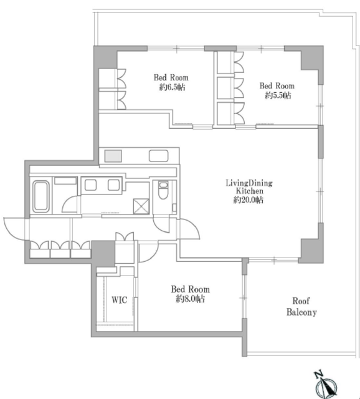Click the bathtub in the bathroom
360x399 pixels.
click(40, 196)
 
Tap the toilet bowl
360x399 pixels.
click(163, 190)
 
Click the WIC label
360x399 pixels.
click(119, 300)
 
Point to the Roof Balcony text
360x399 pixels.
click(301, 307)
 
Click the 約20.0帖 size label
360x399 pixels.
click(249, 200)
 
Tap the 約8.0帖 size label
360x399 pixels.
click(190, 299)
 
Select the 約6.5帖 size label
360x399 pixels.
click(172, 87)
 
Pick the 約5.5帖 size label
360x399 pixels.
click(278, 95)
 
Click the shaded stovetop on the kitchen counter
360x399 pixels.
click(113, 156)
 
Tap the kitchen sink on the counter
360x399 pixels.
click(158, 156)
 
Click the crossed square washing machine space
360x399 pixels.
click(141, 206)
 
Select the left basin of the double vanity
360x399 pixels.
click(90, 185)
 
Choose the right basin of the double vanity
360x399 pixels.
click(113, 185)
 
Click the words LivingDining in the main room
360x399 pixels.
click(249, 183)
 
